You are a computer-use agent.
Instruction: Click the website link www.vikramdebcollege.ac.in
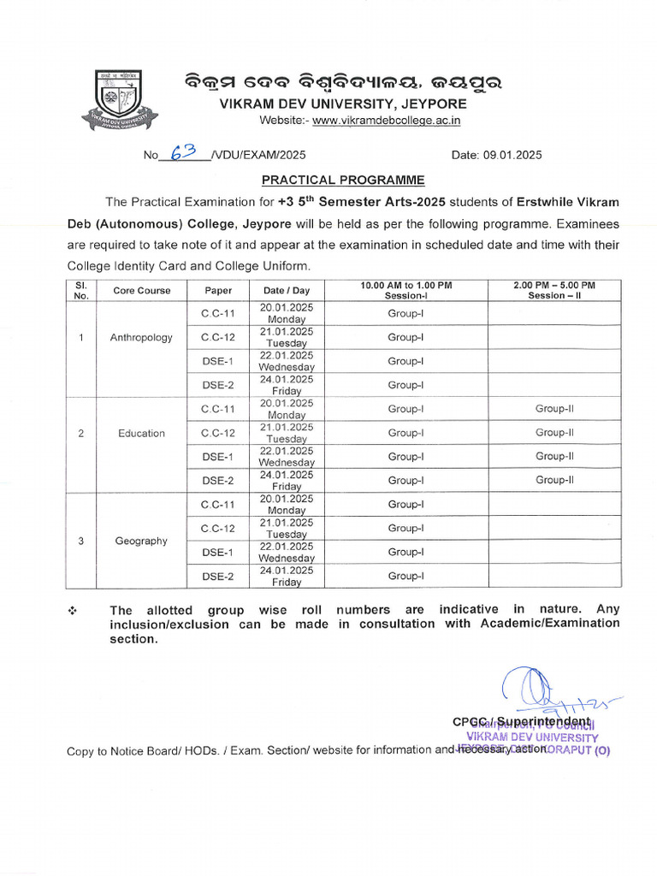click(x=386, y=121)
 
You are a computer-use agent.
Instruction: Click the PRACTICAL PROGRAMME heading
click(x=330, y=181)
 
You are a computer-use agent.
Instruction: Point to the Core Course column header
click(x=142, y=290)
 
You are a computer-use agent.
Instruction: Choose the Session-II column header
click(x=554, y=290)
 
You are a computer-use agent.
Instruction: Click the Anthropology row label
click(x=141, y=337)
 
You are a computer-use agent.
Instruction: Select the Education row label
click(x=142, y=433)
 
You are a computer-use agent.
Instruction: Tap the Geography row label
click(x=142, y=541)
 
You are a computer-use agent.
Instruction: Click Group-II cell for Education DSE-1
click(x=554, y=457)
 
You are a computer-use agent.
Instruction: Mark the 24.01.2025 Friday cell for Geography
click(x=287, y=576)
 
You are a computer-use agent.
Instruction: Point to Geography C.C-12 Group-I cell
click(x=405, y=528)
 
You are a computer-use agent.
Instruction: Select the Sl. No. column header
click(x=81, y=290)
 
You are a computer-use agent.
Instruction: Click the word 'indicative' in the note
click(x=470, y=610)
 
